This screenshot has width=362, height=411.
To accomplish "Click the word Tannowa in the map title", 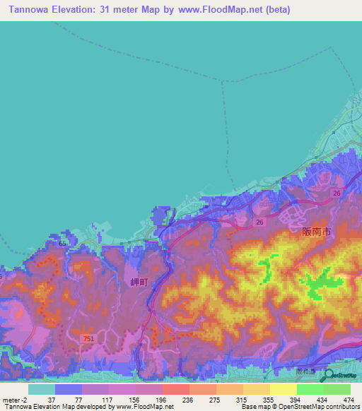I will [31, 11].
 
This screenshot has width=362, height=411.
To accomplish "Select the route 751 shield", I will [86, 340].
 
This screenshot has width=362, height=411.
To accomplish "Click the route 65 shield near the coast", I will [63, 243].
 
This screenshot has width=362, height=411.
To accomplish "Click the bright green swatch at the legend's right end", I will [337, 389].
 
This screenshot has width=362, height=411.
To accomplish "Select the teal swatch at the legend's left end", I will [41, 389].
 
